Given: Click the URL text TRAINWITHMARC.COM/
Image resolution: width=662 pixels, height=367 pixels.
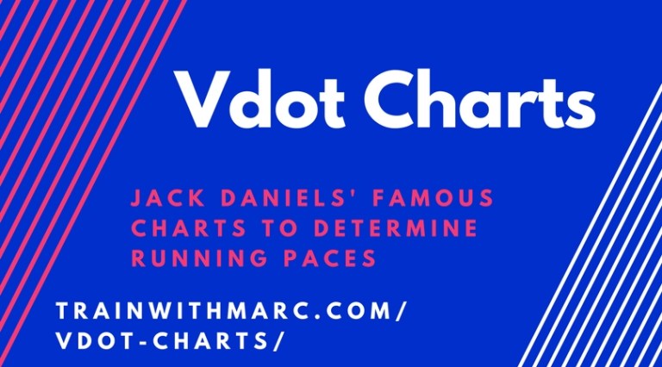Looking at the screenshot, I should click(228, 310).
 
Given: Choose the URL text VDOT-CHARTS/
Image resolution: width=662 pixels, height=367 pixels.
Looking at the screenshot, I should click(169, 340).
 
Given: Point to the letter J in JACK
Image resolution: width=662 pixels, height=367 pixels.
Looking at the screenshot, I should click(135, 199).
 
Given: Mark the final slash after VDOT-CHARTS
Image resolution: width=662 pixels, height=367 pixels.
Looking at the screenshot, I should click(278, 340).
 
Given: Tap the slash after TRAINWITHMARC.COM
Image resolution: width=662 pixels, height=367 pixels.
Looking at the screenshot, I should click(397, 310).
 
